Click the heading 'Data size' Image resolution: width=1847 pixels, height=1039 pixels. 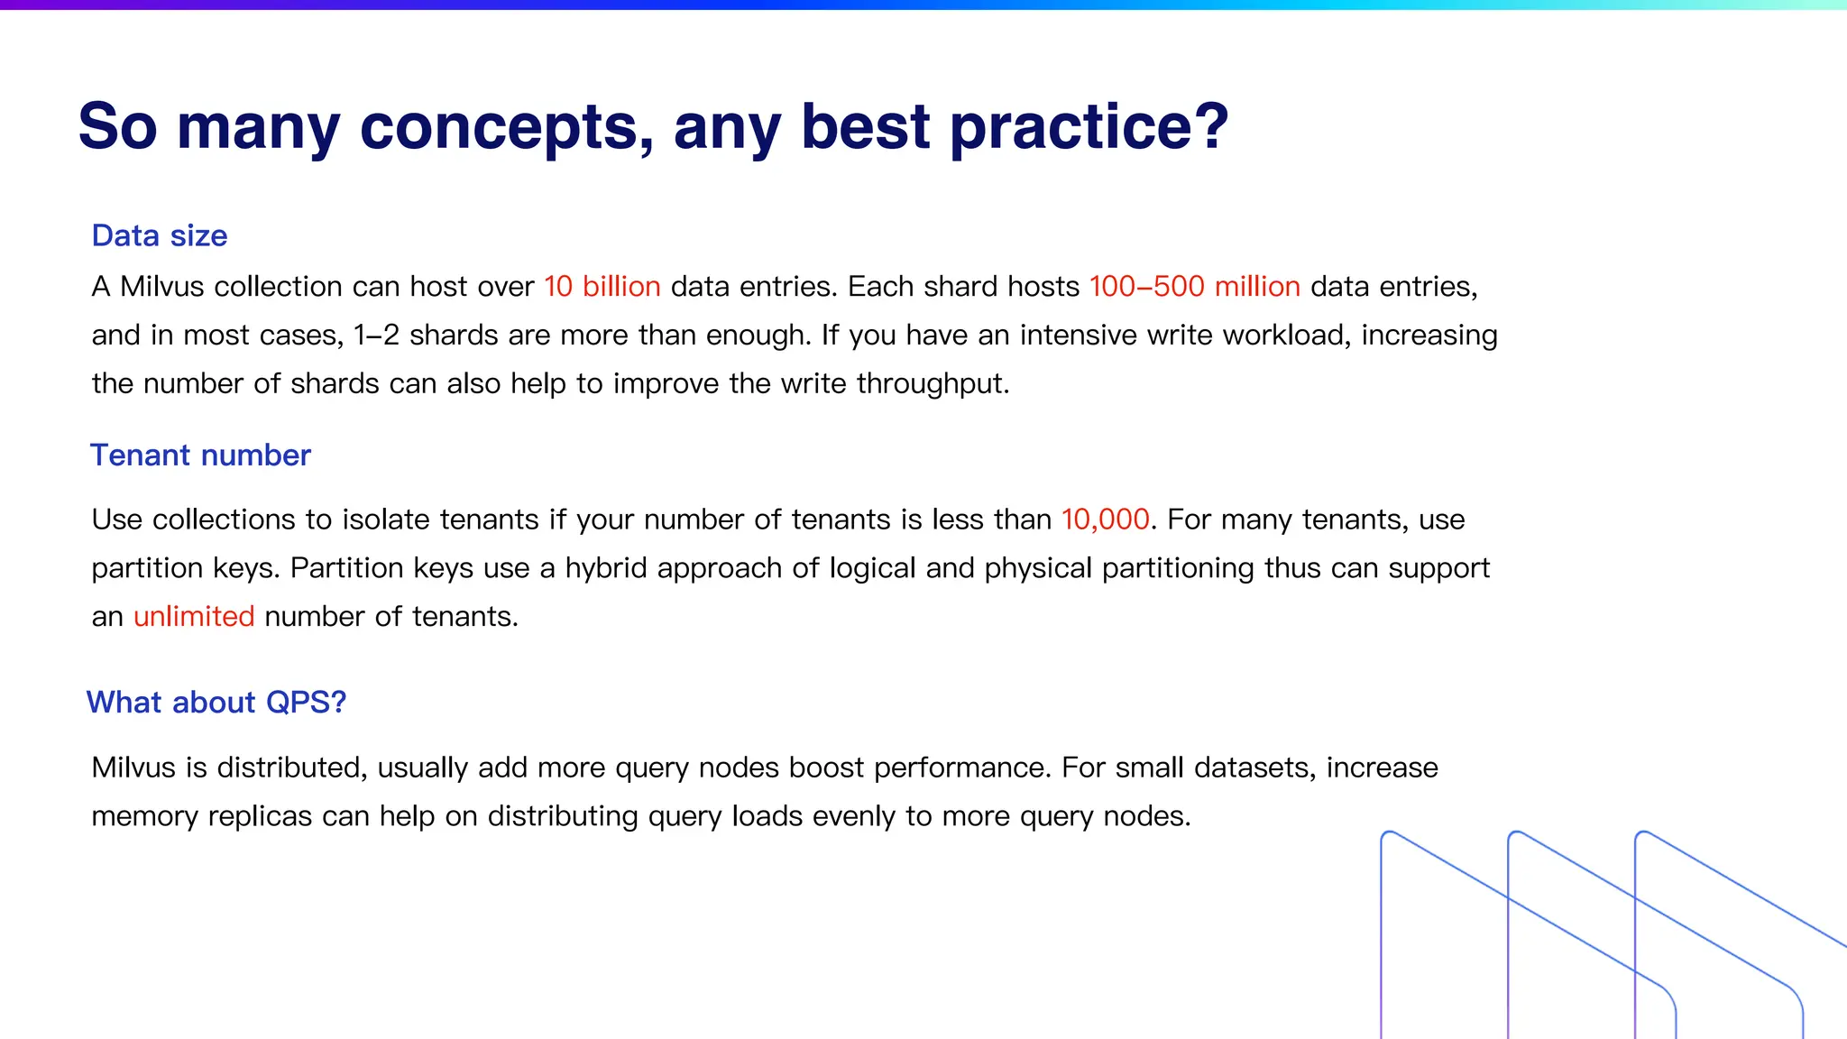pyautogui.click(x=160, y=236)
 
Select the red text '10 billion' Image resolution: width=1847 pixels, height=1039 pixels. pyautogui.click(x=602, y=287)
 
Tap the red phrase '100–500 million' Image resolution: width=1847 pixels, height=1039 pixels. pyautogui.click(x=1194, y=287)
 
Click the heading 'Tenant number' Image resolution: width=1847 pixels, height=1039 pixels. pyautogui.click(x=200, y=455)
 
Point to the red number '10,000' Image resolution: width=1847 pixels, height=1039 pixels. pyautogui.click(x=1105, y=519)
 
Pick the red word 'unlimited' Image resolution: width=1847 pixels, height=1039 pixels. pyautogui.click(x=194, y=617)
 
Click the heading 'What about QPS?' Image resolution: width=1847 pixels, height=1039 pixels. pyautogui.click(x=216, y=703)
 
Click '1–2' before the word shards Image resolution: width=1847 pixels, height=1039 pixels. pyautogui.click(x=376, y=336)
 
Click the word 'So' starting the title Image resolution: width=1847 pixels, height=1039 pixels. pyautogui.click(x=117, y=127)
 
